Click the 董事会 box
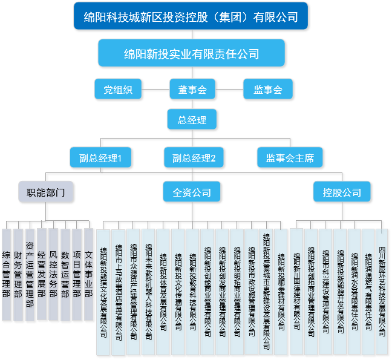click(x=192, y=90)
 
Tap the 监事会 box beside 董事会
click(x=268, y=90)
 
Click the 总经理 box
click(x=192, y=119)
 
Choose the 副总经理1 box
click(x=100, y=158)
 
